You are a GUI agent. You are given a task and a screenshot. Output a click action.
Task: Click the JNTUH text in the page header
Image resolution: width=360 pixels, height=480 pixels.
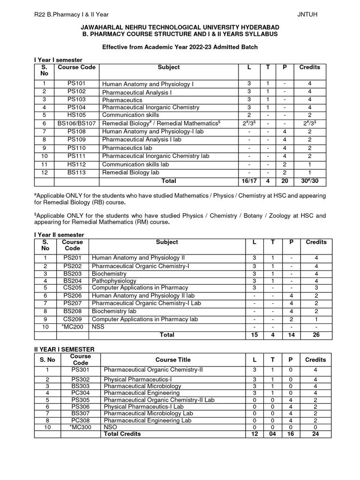point(307,14)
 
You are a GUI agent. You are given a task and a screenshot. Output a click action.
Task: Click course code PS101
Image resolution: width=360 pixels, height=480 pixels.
point(76,83)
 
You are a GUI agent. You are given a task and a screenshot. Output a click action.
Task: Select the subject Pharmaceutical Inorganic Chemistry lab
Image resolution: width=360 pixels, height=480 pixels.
point(156,156)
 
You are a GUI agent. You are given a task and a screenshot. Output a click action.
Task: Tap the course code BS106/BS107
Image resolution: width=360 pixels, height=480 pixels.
point(76,123)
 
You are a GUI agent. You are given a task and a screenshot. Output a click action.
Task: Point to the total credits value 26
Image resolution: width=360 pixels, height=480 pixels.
point(316,335)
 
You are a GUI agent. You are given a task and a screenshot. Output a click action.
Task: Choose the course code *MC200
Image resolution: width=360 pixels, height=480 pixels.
point(72,326)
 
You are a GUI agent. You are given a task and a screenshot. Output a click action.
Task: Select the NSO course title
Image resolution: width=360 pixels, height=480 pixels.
point(111,428)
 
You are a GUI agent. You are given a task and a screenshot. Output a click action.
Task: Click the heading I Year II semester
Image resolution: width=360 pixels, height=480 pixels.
point(59,234)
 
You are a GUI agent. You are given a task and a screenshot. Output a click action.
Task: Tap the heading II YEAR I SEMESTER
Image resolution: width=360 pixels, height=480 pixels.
point(64,349)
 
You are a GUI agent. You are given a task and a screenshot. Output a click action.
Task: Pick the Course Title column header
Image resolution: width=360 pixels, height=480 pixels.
point(173,360)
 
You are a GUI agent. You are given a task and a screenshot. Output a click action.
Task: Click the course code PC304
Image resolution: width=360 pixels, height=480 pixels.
point(80,393)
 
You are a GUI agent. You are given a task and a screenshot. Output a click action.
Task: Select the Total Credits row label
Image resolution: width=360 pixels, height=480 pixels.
point(122,434)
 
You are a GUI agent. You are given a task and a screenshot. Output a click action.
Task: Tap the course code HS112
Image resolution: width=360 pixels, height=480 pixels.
point(76,165)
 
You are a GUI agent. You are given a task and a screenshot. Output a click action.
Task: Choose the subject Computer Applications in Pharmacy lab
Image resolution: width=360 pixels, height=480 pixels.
point(145,319)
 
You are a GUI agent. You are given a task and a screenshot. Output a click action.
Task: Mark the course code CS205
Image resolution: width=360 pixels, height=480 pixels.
point(72,287)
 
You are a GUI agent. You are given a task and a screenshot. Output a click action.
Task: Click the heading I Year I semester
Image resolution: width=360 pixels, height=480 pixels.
point(58,60)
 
